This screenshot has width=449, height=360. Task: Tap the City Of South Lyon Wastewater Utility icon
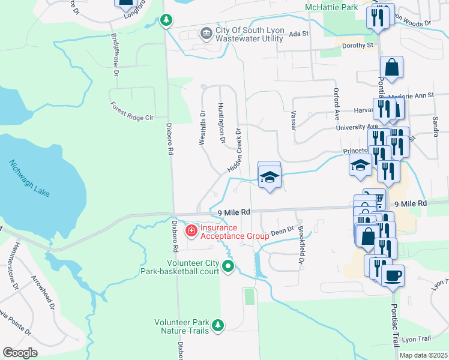click(x=206, y=33)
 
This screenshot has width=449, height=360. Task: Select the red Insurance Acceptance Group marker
click(x=191, y=230)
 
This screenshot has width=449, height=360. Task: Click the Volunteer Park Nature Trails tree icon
click(x=218, y=325)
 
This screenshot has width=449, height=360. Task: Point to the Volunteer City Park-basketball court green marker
click(x=228, y=266)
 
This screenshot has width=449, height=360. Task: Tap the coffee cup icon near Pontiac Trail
click(x=393, y=275)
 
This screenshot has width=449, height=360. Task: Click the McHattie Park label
click(x=331, y=7)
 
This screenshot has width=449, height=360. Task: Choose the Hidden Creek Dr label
click(x=234, y=151)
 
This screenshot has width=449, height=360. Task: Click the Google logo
click(x=20, y=353)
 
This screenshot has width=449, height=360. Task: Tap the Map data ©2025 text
click(x=423, y=355)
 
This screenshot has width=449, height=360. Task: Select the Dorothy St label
click(x=357, y=45)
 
